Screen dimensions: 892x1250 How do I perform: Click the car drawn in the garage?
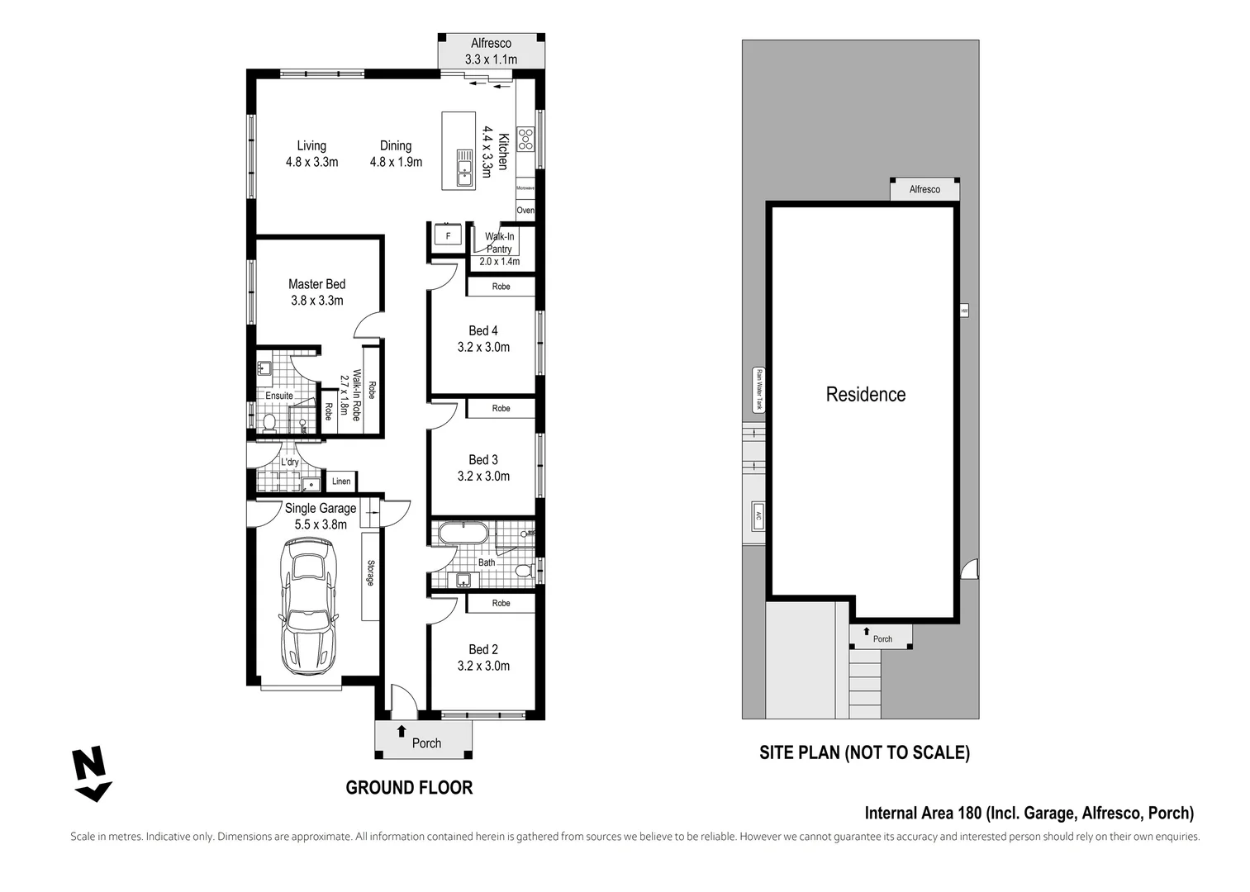point(309,605)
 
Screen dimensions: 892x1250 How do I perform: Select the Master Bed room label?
point(316,284)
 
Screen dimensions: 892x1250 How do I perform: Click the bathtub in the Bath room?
point(463,533)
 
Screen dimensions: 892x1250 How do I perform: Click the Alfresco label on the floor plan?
point(491,43)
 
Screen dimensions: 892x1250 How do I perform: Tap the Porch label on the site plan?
point(882,638)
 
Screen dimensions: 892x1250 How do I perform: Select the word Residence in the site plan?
point(865,395)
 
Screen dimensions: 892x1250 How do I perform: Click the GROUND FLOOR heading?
point(409,788)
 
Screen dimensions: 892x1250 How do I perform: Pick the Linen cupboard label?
point(341,482)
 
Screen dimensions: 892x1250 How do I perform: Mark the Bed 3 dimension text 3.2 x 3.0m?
point(483,477)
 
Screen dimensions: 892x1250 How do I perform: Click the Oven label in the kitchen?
point(525,211)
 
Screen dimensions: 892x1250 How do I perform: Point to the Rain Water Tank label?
point(758,390)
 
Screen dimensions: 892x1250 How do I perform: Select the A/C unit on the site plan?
point(758,516)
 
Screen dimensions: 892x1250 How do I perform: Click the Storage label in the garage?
point(370,573)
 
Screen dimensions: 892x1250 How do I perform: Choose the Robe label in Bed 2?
point(501,604)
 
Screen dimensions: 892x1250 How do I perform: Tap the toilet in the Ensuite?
point(268,423)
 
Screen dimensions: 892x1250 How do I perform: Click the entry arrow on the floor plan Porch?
point(402,730)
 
